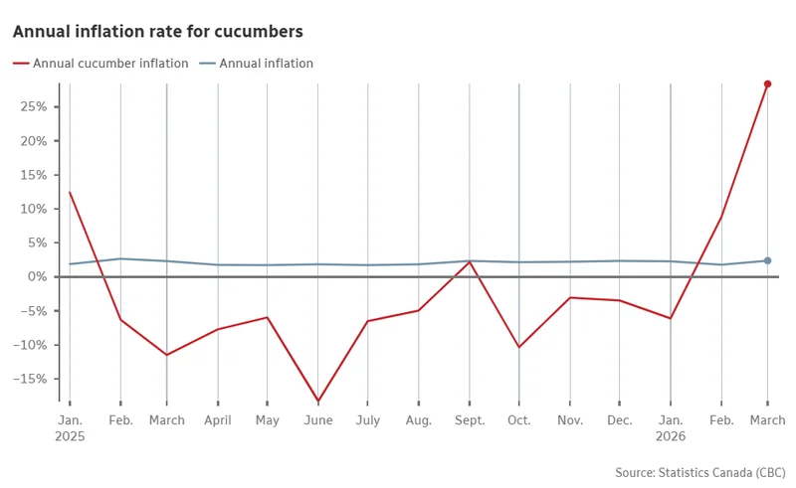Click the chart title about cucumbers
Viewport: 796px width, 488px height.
pos(158,32)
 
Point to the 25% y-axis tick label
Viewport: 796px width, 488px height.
pos(35,107)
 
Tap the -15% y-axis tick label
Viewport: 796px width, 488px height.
pos(33,379)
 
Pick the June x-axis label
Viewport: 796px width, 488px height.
pos(317,420)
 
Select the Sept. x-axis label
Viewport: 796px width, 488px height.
pos(469,420)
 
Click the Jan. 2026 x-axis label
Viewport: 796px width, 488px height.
pos(670,427)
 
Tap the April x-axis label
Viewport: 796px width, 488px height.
pos(217,420)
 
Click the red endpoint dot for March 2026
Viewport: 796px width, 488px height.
pos(767,84)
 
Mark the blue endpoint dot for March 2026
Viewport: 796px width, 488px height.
pos(767,260)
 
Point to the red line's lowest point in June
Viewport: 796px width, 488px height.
pos(317,401)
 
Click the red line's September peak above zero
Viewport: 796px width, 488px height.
pos(469,261)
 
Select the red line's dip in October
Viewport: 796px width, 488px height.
pos(518,347)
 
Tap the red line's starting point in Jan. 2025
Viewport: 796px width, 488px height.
pos(70,192)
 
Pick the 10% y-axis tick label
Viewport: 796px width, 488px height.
pos(35,209)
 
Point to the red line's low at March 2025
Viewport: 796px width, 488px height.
pos(166,355)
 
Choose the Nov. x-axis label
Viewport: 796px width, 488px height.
pos(569,420)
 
